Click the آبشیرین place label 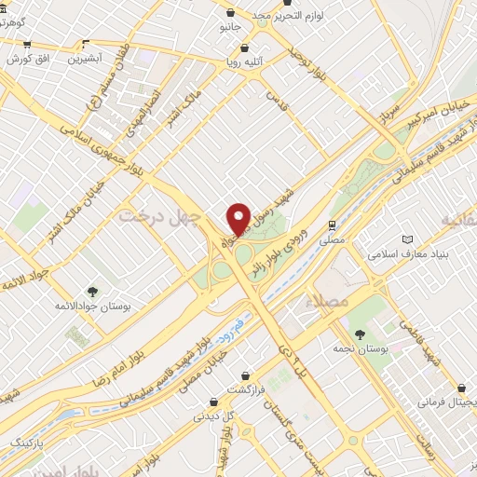(x=86, y=59)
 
